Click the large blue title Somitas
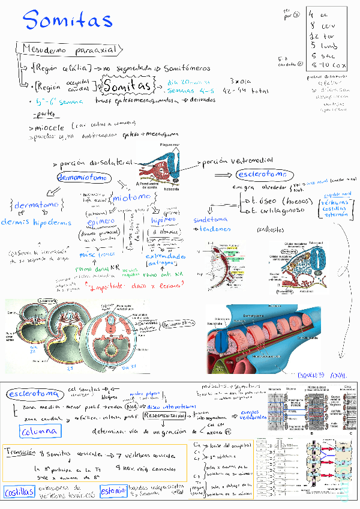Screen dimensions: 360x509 68,21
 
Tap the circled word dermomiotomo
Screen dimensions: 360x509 83,177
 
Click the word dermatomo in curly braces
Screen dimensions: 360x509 37,205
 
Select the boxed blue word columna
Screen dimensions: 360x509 39,431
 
